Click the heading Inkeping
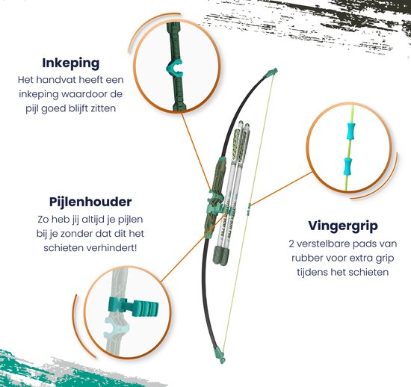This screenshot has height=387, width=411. click(x=71, y=63)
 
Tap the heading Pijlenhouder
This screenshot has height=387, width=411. click(x=90, y=202)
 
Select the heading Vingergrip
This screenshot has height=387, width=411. click(x=343, y=226)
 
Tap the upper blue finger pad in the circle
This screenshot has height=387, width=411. click(x=351, y=130)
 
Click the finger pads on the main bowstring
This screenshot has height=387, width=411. click(x=249, y=210)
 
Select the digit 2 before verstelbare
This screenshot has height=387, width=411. click(x=291, y=244)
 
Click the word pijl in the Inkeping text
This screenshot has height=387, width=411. click(x=31, y=108)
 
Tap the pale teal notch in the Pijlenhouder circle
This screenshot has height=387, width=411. click(x=114, y=327)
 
